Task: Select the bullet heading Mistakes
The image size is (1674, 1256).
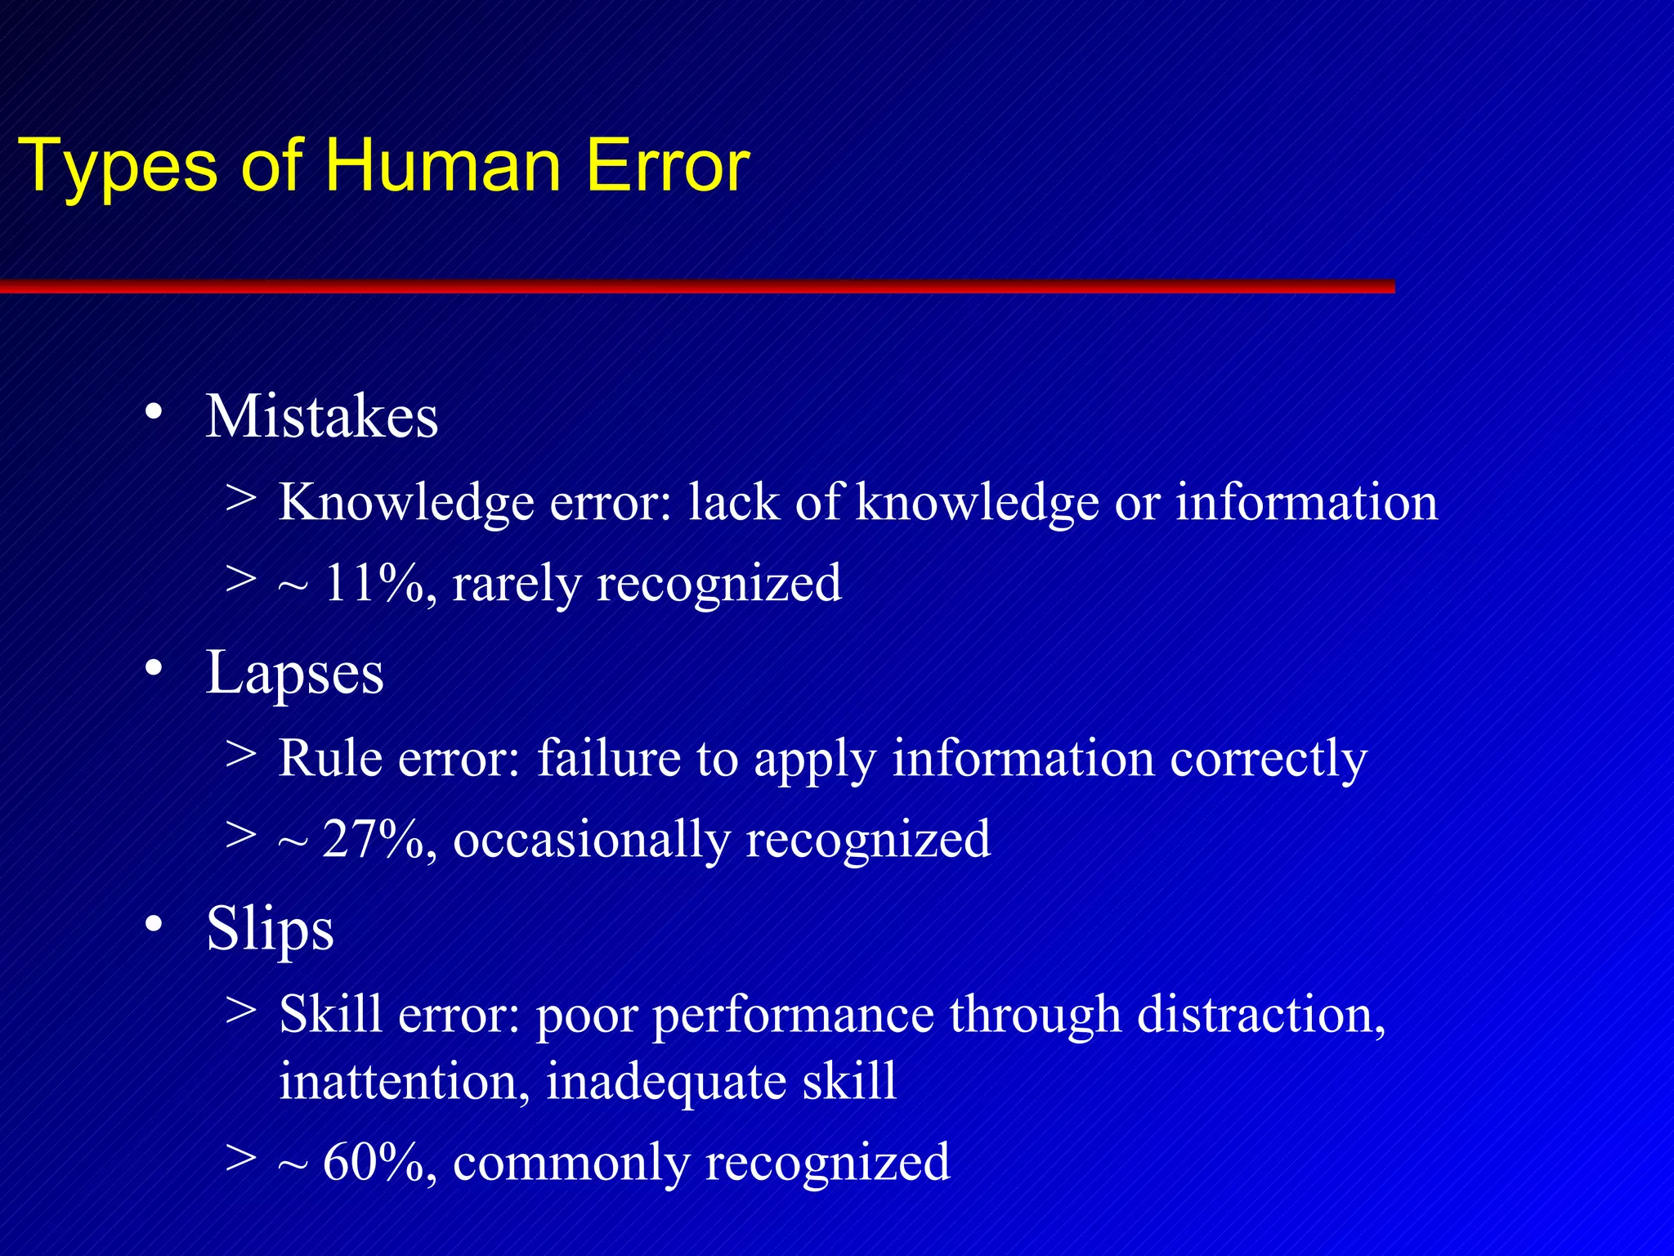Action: point(321,417)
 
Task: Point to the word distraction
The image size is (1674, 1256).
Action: point(1260,1015)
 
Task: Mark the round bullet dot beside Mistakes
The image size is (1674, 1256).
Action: point(153,411)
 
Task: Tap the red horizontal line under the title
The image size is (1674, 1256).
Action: point(695,286)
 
